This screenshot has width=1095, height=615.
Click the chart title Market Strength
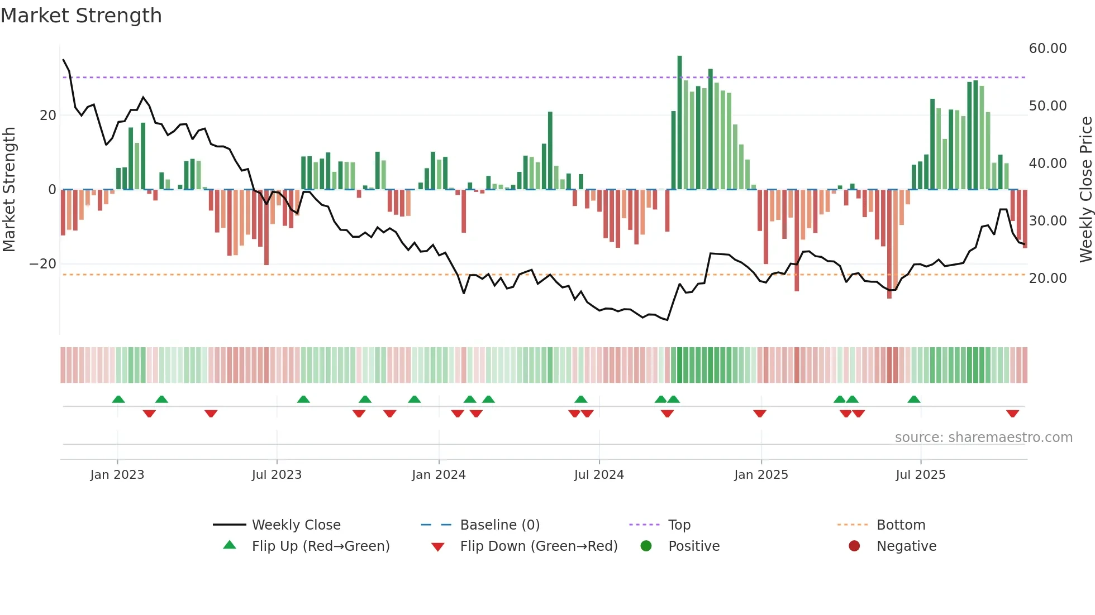(x=81, y=16)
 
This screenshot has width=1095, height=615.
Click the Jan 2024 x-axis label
(x=439, y=475)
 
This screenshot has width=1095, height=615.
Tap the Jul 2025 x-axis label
(x=920, y=475)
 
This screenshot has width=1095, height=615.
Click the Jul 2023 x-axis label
(x=277, y=475)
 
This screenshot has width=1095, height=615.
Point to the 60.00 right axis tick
(x=1048, y=49)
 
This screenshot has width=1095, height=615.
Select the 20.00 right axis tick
(x=1048, y=278)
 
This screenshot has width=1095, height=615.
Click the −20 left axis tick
(x=43, y=264)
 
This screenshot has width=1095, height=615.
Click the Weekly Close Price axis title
(x=1086, y=190)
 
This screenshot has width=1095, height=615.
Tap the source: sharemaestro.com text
(x=983, y=438)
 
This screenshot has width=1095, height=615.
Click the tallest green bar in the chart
(x=679, y=123)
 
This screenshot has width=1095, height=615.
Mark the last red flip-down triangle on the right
(x=1012, y=414)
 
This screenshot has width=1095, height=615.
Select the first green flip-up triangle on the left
(x=118, y=399)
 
